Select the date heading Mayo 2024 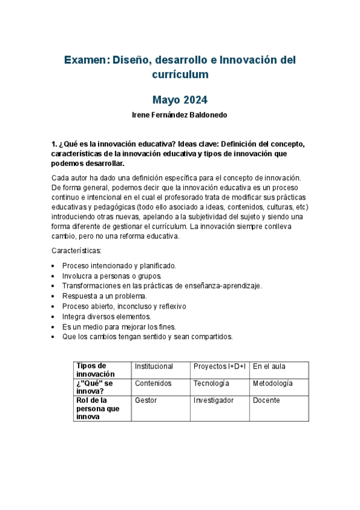180,100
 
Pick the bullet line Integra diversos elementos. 106,316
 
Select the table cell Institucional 154,366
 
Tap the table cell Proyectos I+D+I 219,366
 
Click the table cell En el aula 269,366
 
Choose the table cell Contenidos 153,383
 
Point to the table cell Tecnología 211,383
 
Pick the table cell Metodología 273,383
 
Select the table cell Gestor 145,400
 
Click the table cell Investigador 213,400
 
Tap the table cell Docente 266,400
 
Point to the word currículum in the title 180,75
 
